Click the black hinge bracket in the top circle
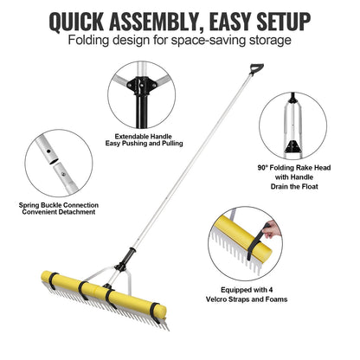pyautogui.click(x=136, y=87)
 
